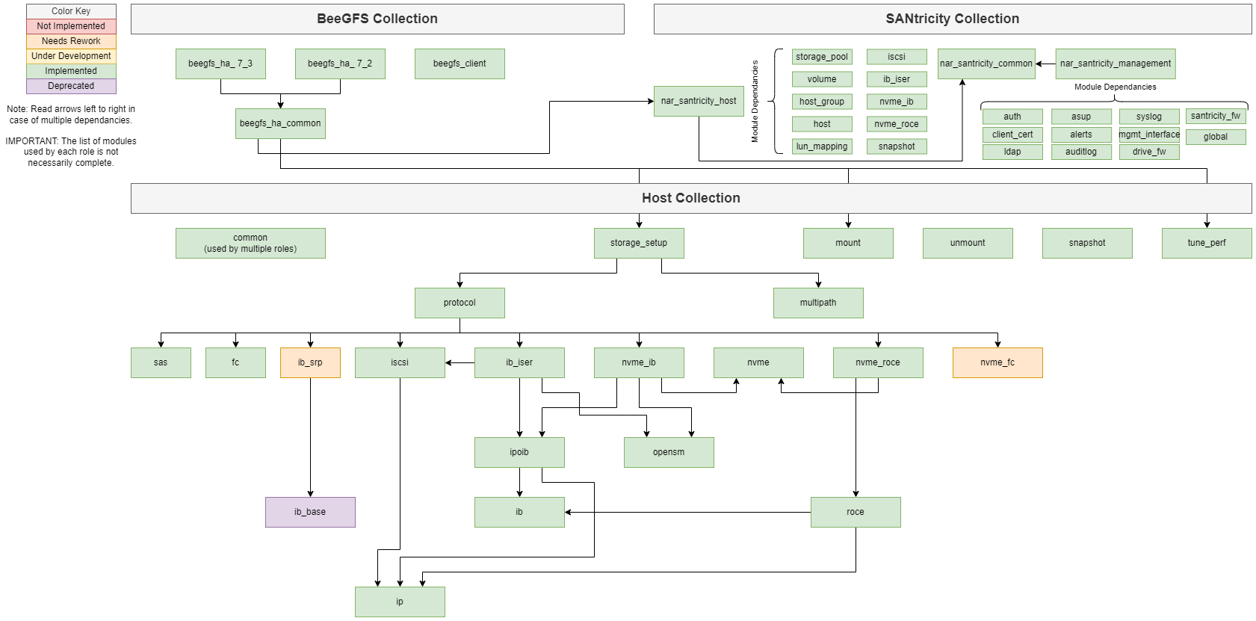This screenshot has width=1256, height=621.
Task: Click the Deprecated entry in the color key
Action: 71,86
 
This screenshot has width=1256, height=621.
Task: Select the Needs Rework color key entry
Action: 71,41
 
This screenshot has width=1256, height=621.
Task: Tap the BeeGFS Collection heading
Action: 377,19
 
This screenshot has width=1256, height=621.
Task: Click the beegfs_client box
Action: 460,64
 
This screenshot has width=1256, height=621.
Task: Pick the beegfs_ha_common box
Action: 280,123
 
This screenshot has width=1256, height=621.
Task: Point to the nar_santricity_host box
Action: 699,101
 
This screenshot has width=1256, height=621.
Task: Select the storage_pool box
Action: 822,57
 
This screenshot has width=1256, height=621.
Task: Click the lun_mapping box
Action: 822,146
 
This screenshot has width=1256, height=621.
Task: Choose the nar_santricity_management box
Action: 1116,64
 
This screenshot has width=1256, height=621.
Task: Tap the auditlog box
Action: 1081,152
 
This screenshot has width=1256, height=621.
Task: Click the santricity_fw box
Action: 1216,116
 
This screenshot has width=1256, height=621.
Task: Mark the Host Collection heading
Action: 691,198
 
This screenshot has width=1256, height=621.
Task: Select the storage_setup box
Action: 639,243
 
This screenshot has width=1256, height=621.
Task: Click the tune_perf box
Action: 1207,243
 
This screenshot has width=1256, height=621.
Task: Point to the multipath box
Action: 818,303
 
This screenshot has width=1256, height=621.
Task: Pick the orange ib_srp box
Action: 310,362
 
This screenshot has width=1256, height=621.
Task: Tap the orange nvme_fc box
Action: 997,362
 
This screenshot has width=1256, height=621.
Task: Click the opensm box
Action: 669,452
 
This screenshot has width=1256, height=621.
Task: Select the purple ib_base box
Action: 310,512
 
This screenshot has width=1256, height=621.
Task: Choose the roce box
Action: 856,512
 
